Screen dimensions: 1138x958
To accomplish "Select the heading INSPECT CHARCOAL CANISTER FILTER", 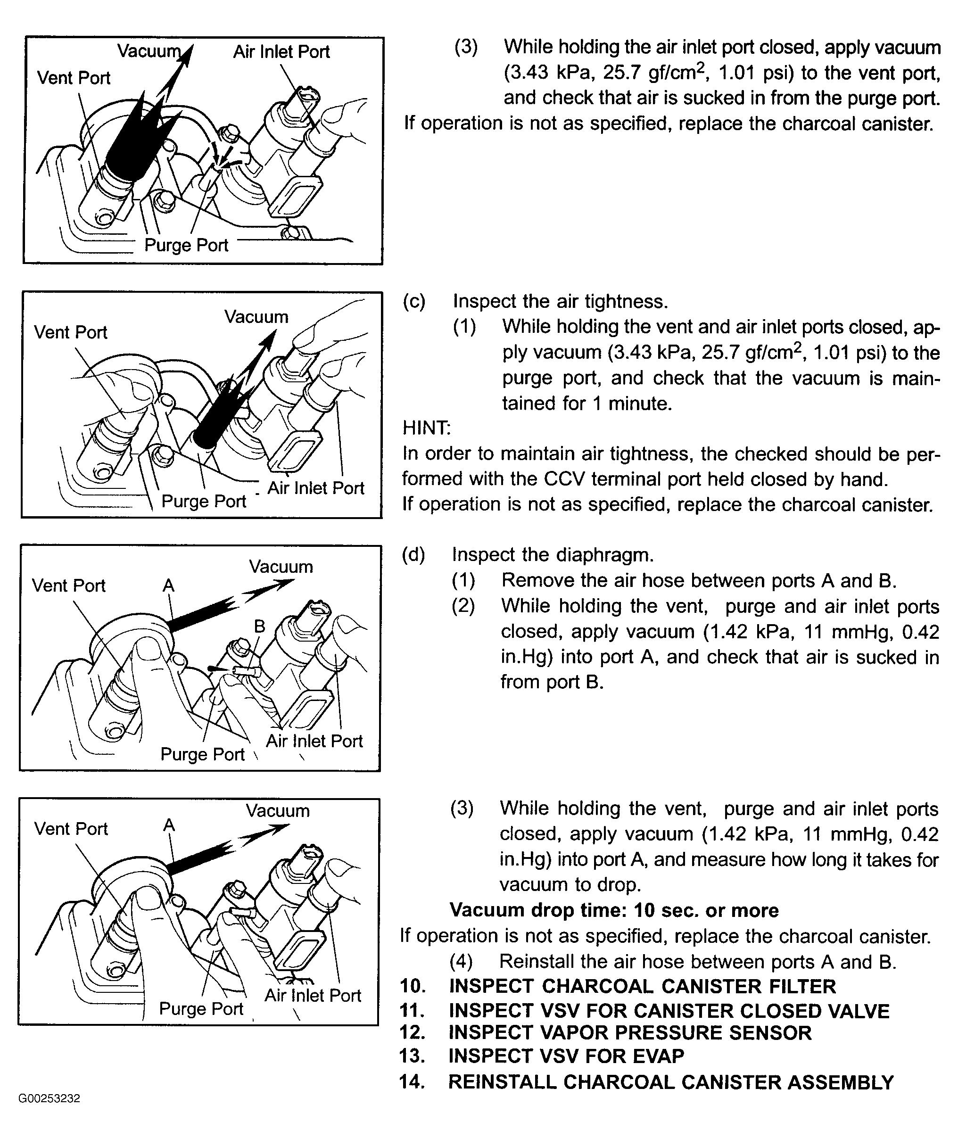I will click(642, 987).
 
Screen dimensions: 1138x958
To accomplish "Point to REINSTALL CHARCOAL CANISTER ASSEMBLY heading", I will click(671, 1082).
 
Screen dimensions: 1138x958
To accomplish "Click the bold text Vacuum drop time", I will click(614, 910).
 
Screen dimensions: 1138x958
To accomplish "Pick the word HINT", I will click(426, 429).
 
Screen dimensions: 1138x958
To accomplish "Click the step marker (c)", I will click(414, 301).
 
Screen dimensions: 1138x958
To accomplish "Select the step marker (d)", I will click(413, 555).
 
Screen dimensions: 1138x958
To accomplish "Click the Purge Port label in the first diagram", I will click(186, 246).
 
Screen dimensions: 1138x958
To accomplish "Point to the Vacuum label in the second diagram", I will click(256, 316).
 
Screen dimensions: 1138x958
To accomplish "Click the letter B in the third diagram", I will click(260, 627).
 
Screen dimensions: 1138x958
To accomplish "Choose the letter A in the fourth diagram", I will click(169, 825).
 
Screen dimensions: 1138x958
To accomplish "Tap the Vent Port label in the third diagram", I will click(69, 586).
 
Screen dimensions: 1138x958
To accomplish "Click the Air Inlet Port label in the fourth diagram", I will click(313, 995).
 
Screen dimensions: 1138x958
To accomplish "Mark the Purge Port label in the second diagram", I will click(204, 501).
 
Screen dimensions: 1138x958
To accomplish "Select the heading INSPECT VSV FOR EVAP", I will click(566, 1056).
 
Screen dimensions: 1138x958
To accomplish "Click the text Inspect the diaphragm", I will click(553, 555).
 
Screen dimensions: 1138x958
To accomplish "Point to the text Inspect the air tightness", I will click(561, 301).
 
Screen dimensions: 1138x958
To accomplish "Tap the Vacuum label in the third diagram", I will click(281, 567).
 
